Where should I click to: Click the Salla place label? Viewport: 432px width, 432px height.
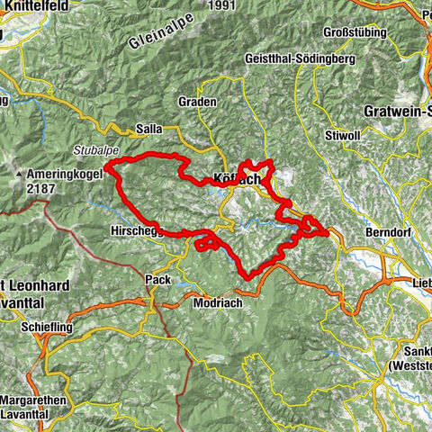[148, 129]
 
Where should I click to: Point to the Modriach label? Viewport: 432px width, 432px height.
[217, 303]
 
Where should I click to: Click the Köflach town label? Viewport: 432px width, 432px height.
[237, 179]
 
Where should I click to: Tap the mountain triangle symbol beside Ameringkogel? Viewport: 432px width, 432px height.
[17, 171]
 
